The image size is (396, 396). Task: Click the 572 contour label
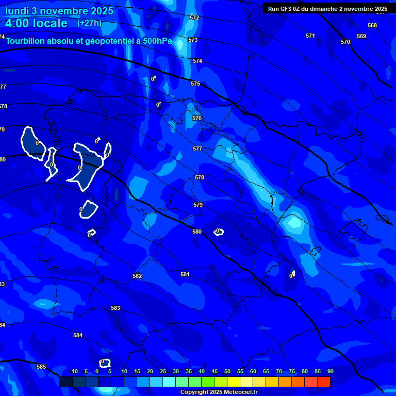194,18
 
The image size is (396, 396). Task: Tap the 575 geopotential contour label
195,84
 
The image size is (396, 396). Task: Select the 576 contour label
197,118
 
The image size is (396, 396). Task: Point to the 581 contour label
185,274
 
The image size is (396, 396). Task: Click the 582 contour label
137,276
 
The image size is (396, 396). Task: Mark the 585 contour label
41,367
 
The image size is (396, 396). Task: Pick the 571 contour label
310,36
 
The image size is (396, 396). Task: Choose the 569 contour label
361,36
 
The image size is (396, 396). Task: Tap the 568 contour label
372,25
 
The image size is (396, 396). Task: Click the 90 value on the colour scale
330,371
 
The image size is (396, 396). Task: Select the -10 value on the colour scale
73,371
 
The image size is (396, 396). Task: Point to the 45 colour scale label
214,371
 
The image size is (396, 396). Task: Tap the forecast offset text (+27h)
89,23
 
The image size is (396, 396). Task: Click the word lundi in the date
18,11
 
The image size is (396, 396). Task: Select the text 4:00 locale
36,23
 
